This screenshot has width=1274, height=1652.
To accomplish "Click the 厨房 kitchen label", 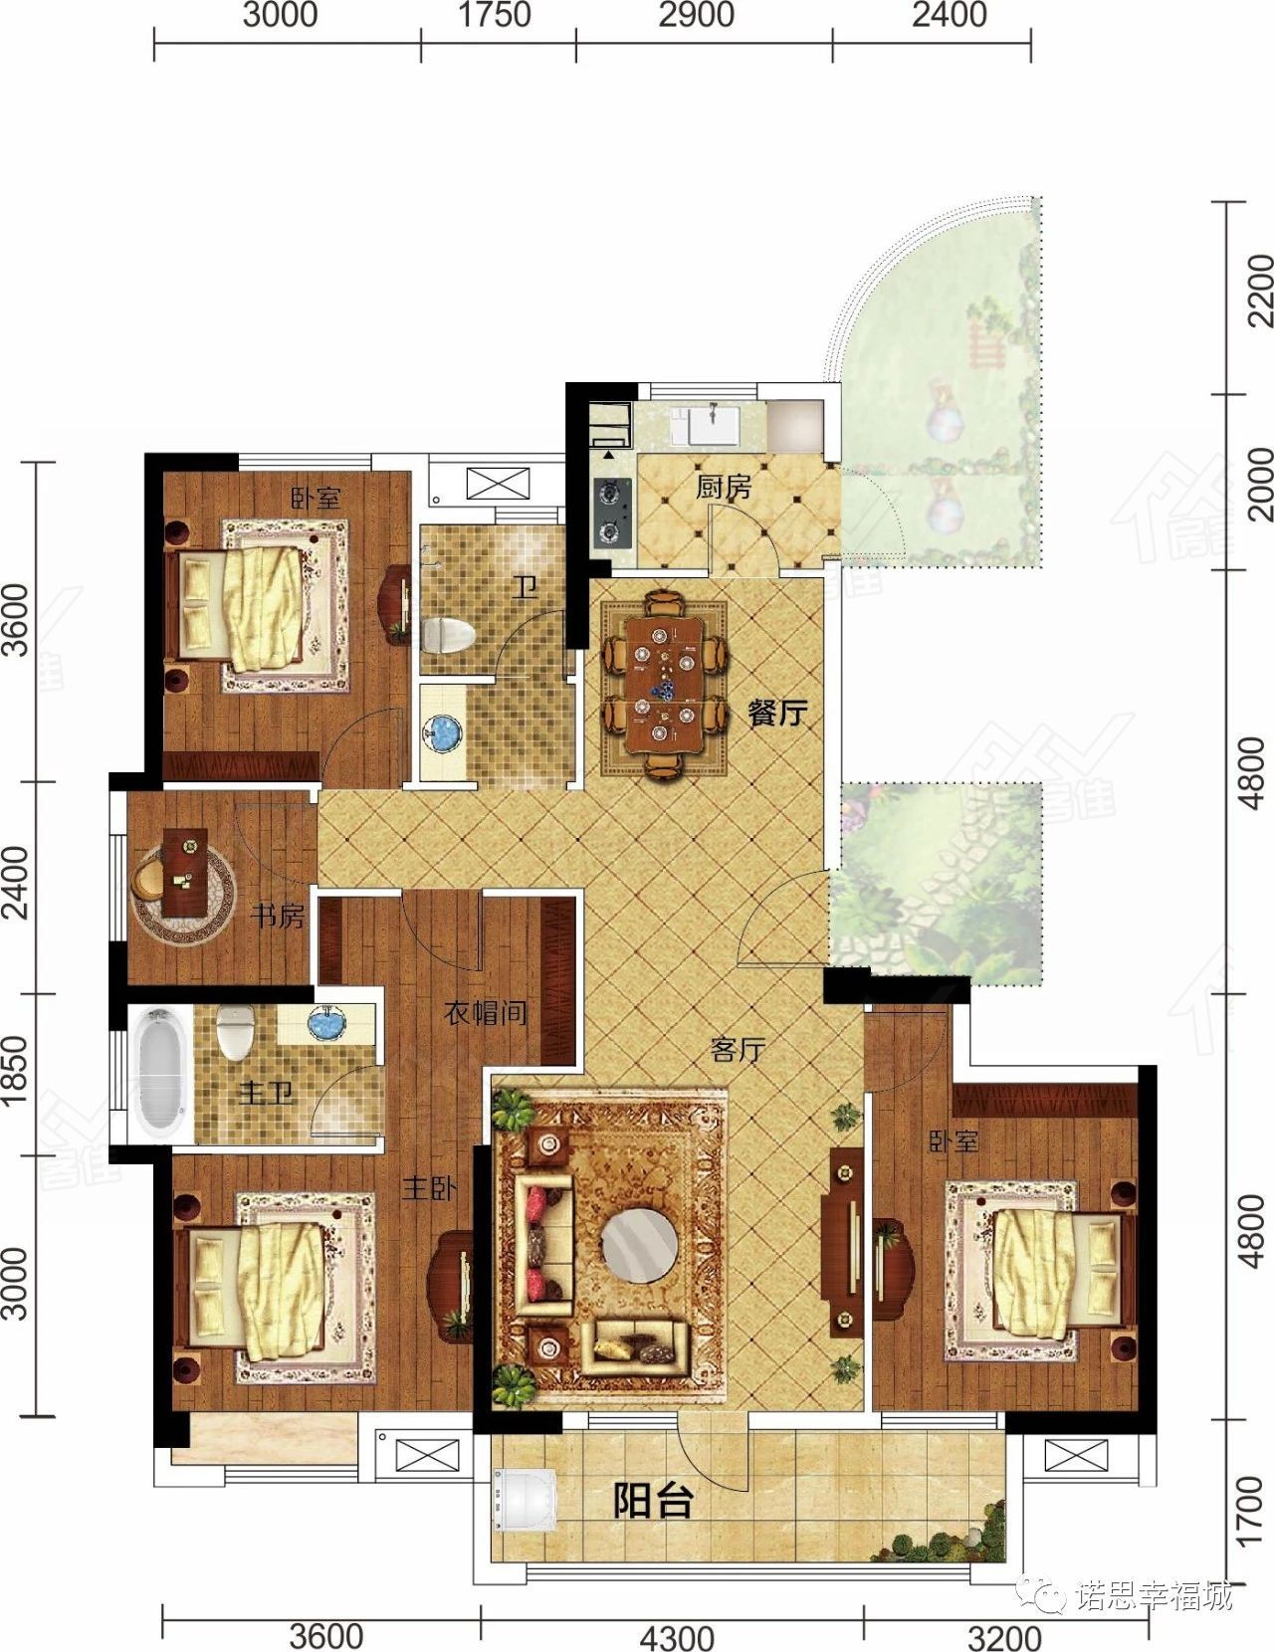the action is [x=724, y=488].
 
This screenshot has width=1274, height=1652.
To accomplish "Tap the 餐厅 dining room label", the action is [x=777, y=714].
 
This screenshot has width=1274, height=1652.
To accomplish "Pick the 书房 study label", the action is [x=278, y=916].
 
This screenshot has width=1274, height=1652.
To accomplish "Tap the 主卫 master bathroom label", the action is [x=266, y=1094].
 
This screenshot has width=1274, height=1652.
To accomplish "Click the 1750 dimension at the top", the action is [x=494, y=15].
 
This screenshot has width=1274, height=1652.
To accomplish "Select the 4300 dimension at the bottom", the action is [x=677, y=1634].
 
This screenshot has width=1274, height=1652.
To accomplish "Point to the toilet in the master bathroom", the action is [x=234, y=1032].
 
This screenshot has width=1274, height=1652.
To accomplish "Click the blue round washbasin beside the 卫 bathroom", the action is [x=443, y=732].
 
